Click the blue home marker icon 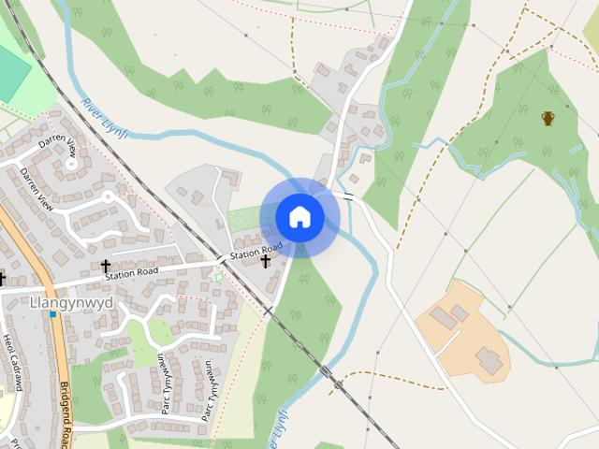[x=299, y=217]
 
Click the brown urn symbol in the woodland [x=548, y=118]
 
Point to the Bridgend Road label [x=66, y=412]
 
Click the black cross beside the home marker [x=265, y=261]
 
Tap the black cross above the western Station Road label [x=105, y=267]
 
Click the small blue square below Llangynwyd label [x=53, y=314]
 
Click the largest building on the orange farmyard [x=489, y=358]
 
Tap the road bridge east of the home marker [x=348, y=196]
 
